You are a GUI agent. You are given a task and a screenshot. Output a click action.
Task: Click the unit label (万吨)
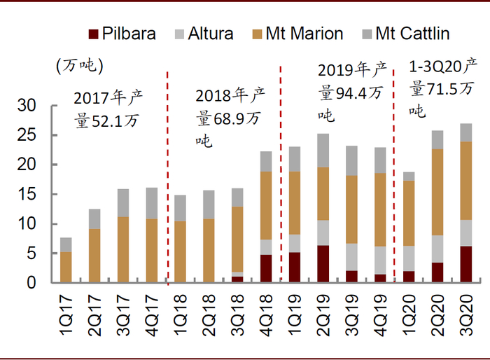pyautogui.click(x=79, y=66)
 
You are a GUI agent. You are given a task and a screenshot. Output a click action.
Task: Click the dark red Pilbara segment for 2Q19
pyautogui.click(x=323, y=264)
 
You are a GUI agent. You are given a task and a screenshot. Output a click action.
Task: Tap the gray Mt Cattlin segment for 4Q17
pyautogui.click(x=152, y=203)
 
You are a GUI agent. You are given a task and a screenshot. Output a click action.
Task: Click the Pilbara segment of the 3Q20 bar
pyautogui.click(x=465, y=265)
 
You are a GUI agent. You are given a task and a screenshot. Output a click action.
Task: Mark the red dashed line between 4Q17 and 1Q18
pyautogui.click(x=167, y=175)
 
